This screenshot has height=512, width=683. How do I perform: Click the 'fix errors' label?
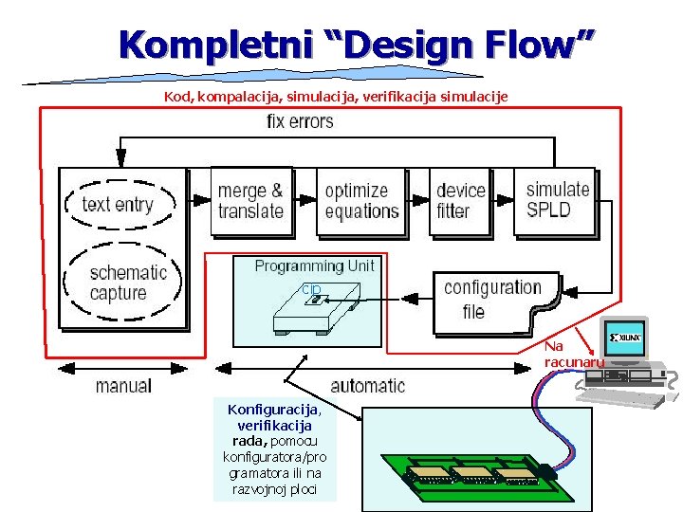click(x=300, y=121)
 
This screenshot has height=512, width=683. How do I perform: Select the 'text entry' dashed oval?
click(x=118, y=204)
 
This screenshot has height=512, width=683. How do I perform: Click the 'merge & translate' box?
click(x=250, y=201)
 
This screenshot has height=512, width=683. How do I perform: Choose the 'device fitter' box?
click(x=460, y=201)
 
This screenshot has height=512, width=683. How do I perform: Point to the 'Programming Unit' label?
click(x=314, y=266)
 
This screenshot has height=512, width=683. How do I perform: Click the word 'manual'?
click(x=123, y=385)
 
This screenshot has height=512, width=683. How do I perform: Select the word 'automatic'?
click(x=367, y=385)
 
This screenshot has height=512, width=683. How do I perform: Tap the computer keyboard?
click(x=621, y=398)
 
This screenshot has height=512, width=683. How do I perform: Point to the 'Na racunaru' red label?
click(x=569, y=354)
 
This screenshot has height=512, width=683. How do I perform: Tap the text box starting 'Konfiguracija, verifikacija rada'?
click(x=275, y=449)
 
